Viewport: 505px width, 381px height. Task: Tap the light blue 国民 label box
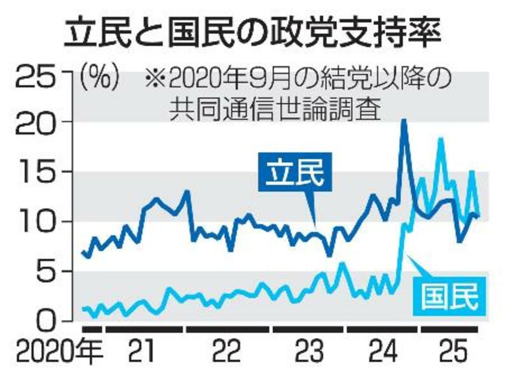[x=449, y=296]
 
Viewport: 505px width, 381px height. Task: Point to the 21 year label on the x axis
[x=144, y=352]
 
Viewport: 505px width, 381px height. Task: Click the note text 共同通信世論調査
[x=275, y=109]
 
